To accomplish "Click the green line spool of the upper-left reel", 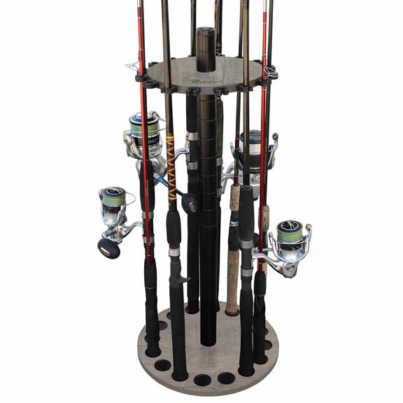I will (x=144, y=128).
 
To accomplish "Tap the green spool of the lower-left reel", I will (x=114, y=197).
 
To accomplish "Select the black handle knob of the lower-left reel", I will (x=108, y=248).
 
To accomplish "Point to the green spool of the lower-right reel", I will (x=290, y=232).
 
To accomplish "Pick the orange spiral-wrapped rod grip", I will (x=171, y=169).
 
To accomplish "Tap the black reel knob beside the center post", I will (x=189, y=203).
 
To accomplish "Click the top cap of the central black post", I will (x=206, y=32).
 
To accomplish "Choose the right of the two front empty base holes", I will (x=226, y=378).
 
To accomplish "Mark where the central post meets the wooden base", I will (x=208, y=341).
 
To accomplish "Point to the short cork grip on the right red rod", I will (x=264, y=219).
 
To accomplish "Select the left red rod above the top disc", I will (x=141, y=28).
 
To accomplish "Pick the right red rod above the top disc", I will (x=265, y=28).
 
